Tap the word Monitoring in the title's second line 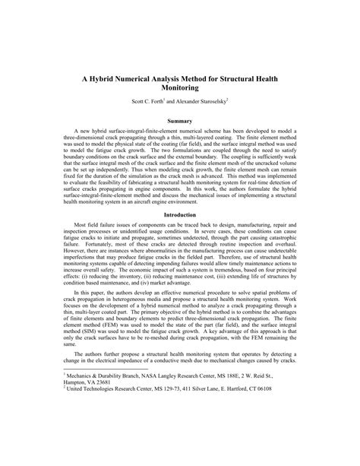(180, 89)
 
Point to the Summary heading (180, 122)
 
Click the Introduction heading (180, 216)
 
